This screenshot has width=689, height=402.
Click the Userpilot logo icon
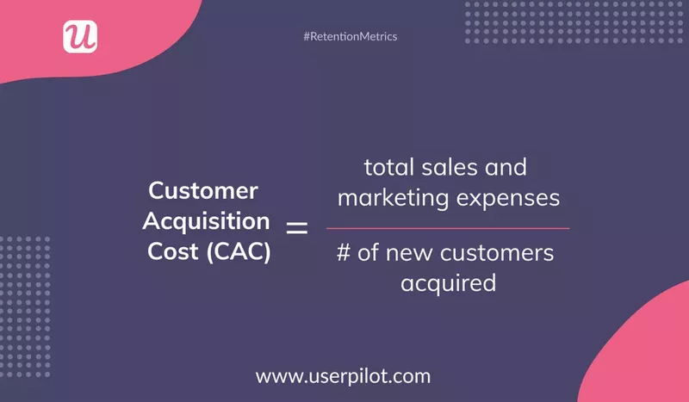80,36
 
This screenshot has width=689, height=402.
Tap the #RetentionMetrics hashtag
351,37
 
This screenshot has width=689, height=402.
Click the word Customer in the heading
204,190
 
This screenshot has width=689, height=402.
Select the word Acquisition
206,221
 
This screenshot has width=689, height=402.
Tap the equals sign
296,228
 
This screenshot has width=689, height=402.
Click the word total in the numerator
390,165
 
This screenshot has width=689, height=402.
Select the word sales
453,165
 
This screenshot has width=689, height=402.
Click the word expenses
509,198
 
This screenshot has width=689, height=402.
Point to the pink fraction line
448,228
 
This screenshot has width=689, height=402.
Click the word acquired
448,282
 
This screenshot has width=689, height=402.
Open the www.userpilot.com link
344,376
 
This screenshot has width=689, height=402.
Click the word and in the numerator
508,165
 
